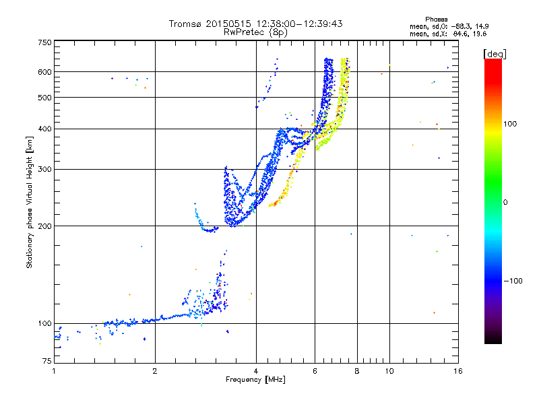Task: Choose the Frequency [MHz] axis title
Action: [255, 380]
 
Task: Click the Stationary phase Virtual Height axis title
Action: [30, 203]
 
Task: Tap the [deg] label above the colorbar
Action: [495, 53]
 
